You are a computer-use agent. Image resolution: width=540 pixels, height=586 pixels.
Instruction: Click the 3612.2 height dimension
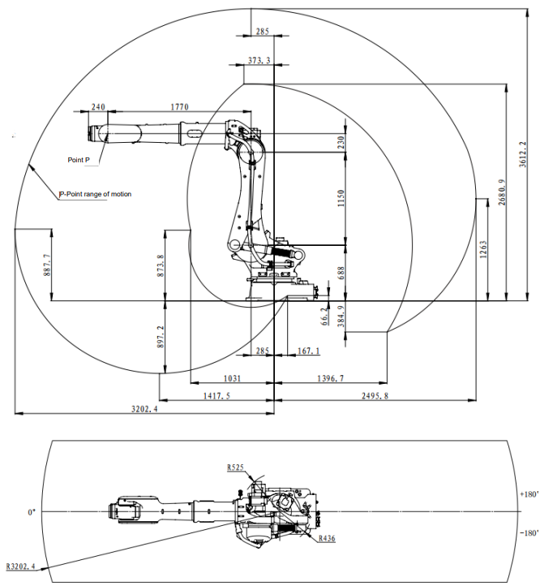click(523, 154)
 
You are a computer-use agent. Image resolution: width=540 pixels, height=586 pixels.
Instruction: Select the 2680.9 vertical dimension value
click(502, 192)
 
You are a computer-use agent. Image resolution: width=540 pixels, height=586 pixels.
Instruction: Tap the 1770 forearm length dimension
click(180, 107)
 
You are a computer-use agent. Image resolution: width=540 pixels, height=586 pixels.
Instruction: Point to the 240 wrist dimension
click(98, 107)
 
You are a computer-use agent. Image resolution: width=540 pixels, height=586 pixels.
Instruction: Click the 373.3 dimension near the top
click(259, 60)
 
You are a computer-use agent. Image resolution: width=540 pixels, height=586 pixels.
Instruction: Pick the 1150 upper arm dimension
click(341, 199)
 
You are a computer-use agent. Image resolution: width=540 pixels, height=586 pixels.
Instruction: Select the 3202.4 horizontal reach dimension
click(144, 409)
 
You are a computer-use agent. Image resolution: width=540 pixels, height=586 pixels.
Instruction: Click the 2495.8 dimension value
click(375, 395)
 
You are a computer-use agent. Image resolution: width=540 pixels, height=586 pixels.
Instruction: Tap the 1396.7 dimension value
click(331, 378)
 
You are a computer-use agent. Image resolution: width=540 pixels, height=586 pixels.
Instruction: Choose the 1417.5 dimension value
click(216, 395)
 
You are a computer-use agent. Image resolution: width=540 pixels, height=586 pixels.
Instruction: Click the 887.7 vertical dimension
click(47, 265)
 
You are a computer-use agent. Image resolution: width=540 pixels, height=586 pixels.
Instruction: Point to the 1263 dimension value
click(483, 250)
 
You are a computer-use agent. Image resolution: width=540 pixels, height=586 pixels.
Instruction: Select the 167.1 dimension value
click(308, 351)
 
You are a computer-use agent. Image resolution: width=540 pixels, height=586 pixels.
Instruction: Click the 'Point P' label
click(79, 160)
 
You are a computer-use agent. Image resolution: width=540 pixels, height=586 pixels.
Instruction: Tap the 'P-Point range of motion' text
click(96, 194)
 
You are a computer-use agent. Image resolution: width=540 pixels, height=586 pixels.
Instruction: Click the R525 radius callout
click(235, 468)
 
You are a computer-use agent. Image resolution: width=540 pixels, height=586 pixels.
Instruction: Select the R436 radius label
click(327, 539)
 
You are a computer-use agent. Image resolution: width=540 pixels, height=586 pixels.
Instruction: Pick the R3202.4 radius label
click(20, 567)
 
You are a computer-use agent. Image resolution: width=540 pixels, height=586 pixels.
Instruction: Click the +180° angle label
click(529, 494)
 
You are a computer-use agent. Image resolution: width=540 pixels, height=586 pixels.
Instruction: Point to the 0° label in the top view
click(32, 512)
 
